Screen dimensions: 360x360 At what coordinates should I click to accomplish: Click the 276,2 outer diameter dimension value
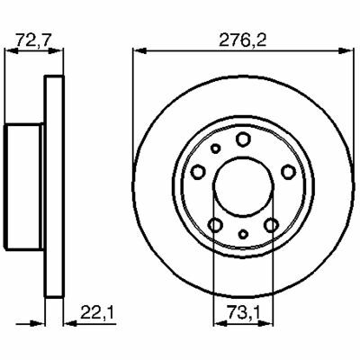click(x=243, y=40)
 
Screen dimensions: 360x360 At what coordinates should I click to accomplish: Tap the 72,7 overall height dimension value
click(x=34, y=40)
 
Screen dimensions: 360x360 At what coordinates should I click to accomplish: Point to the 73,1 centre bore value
click(x=244, y=312)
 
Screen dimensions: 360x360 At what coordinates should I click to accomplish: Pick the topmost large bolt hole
click(x=243, y=139)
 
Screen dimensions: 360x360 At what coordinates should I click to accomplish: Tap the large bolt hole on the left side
click(x=198, y=172)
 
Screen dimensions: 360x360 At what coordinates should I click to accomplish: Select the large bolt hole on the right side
click(x=288, y=172)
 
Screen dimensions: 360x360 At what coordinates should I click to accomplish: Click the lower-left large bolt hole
click(x=215, y=224)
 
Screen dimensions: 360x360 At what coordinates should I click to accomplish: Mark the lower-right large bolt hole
click(x=271, y=224)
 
